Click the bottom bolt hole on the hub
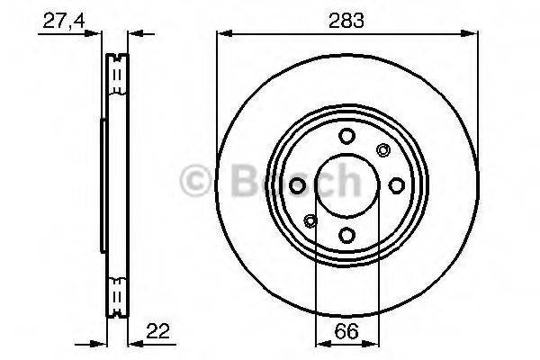(346, 236)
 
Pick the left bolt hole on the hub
(296, 185)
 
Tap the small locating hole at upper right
(382, 150)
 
